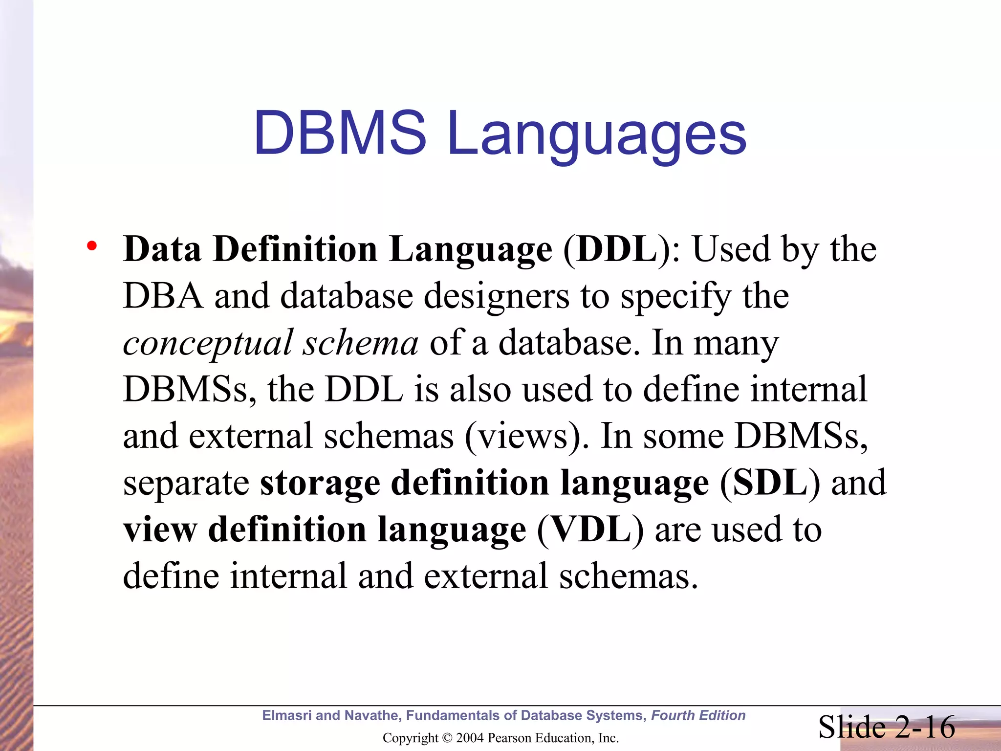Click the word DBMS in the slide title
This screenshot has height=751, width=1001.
point(340,133)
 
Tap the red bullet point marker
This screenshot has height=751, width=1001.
point(91,245)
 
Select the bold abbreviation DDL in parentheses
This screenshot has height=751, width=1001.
point(617,249)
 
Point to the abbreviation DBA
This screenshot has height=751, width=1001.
point(163,296)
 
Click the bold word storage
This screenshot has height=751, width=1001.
point(320,483)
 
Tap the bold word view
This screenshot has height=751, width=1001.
point(160,530)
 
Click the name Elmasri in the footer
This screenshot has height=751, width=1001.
point(286,715)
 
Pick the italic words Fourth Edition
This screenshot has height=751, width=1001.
point(698,715)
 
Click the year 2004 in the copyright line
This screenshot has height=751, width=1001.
point(470,738)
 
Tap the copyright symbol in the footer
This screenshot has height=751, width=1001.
point(447,738)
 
